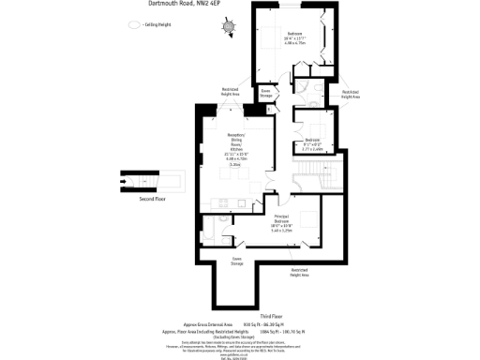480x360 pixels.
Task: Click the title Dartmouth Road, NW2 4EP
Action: pos(188,4)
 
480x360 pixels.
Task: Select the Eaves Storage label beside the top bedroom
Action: pos(265,94)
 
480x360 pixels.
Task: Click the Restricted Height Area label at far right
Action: pos(350,94)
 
